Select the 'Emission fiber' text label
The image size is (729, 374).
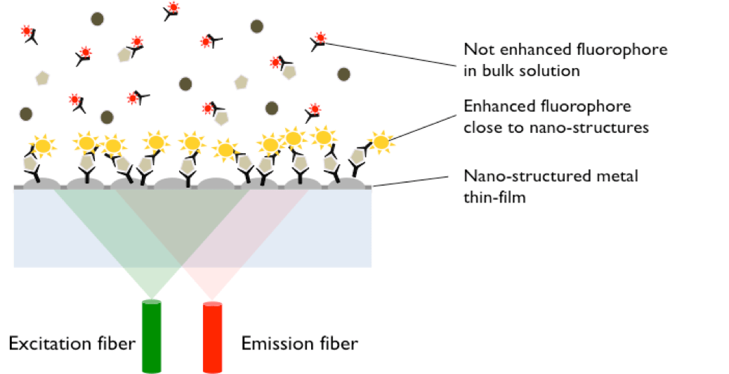[x=299, y=344]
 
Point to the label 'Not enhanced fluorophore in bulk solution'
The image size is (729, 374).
[x=565, y=60]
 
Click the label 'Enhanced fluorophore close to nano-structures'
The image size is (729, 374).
[x=555, y=117]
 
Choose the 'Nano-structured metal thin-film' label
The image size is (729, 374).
[x=551, y=186]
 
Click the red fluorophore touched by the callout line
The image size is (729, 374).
[x=320, y=38]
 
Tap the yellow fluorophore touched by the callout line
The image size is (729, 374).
[x=381, y=142]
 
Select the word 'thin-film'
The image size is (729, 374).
[x=495, y=198]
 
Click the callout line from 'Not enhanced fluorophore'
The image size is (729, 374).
[x=393, y=55]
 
